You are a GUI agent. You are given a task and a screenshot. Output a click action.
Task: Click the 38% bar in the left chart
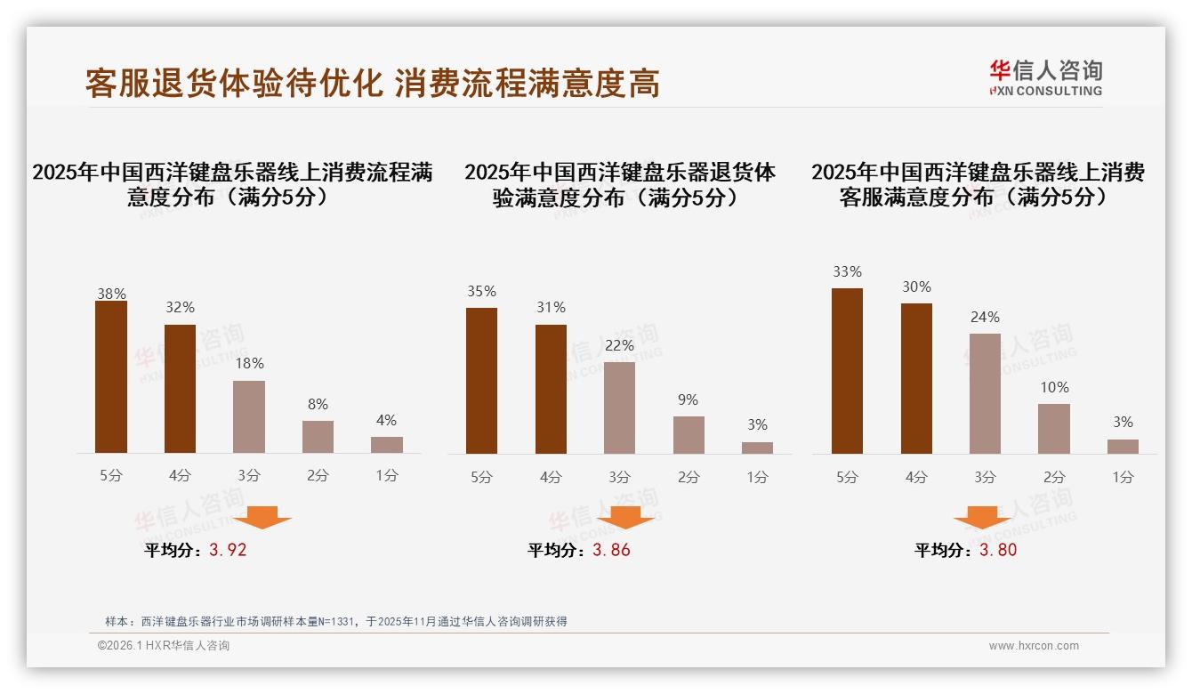point(111,377)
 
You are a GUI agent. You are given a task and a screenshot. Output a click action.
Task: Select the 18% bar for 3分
point(249,417)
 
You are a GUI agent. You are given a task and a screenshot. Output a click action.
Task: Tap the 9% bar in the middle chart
point(689,435)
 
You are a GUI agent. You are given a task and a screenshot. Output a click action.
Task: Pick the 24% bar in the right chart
point(985,394)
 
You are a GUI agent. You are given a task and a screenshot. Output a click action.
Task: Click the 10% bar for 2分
point(1054,429)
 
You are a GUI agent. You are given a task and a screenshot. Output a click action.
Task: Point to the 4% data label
point(386,421)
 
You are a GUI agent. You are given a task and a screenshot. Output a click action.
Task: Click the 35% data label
point(481,292)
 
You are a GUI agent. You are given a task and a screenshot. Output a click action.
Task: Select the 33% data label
point(847,272)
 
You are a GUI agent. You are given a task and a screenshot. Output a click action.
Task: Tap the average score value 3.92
point(228,550)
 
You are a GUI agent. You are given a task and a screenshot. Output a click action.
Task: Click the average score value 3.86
point(611,550)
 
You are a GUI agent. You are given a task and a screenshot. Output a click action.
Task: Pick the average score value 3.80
point(998,550)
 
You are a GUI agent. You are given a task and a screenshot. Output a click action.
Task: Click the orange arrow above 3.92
point(262,517)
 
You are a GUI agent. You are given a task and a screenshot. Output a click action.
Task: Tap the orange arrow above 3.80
point(982,517)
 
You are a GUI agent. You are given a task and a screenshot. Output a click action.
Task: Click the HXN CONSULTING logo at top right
point(1045,78)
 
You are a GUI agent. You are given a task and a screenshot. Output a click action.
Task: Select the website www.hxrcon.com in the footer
point(1034,646)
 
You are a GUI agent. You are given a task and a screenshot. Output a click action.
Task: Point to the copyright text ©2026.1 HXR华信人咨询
point(164,646)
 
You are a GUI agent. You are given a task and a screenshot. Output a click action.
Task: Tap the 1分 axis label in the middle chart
point(757,477)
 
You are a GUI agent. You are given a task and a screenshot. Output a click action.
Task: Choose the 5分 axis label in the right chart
point(847,477)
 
